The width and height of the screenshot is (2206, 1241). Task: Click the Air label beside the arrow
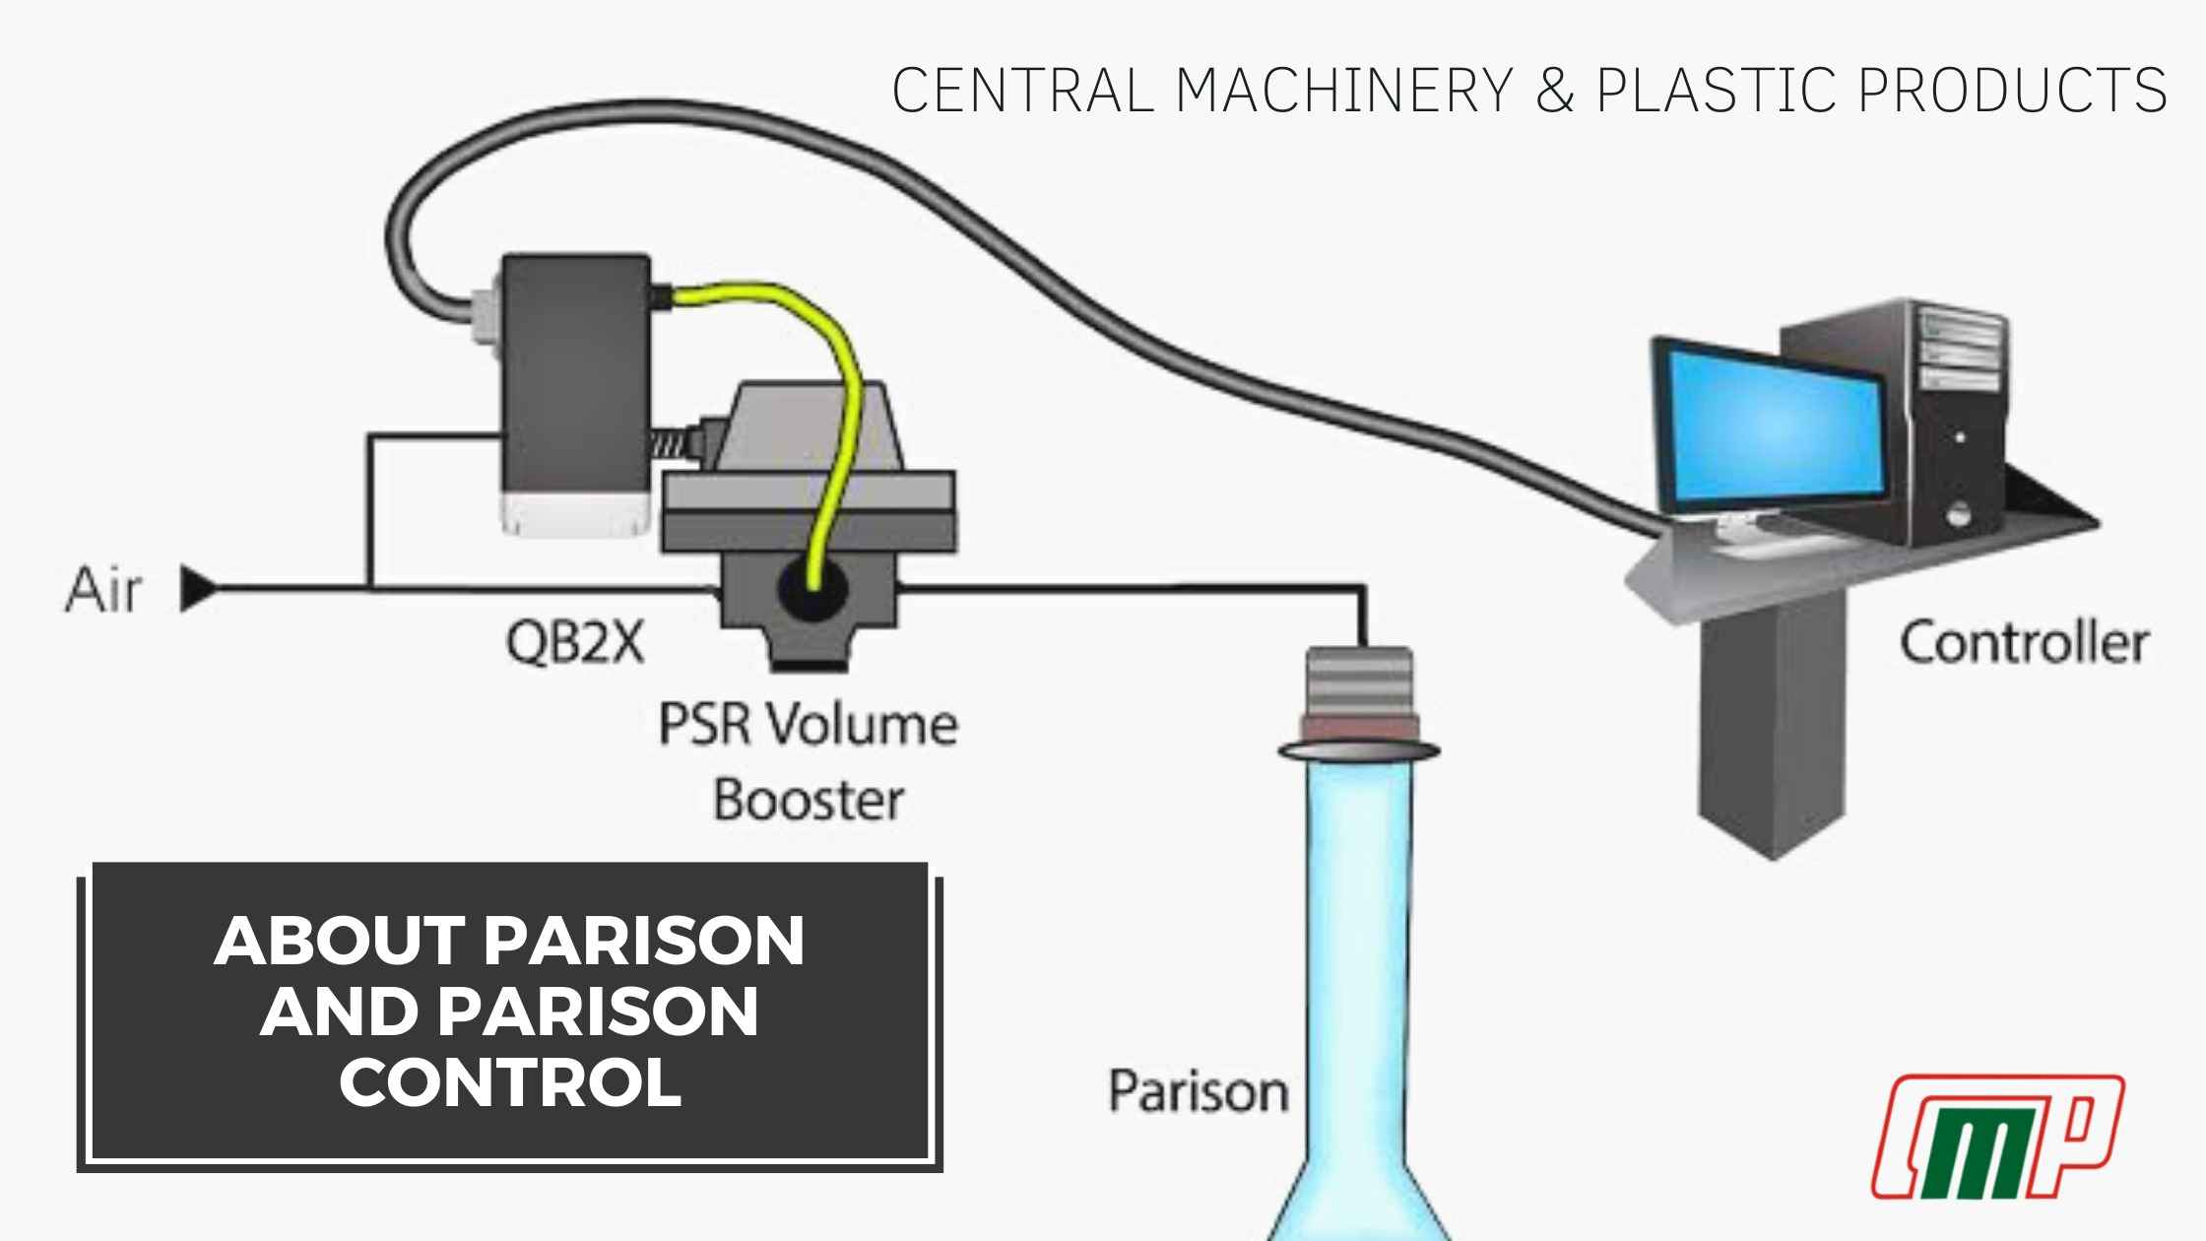(102, 591)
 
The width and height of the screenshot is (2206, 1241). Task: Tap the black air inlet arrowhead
(198, 590)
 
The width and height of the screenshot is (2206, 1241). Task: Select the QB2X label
(575, 644)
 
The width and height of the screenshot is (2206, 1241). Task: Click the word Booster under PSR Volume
(808, 800)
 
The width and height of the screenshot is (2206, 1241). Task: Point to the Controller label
(2023, 644)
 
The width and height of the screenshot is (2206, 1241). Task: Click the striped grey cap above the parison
(1358, 684)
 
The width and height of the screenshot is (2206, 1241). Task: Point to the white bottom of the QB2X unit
(576, 514)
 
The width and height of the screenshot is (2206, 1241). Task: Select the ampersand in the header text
(1555, 91)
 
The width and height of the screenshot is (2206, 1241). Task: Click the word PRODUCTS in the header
(2013, 91)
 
